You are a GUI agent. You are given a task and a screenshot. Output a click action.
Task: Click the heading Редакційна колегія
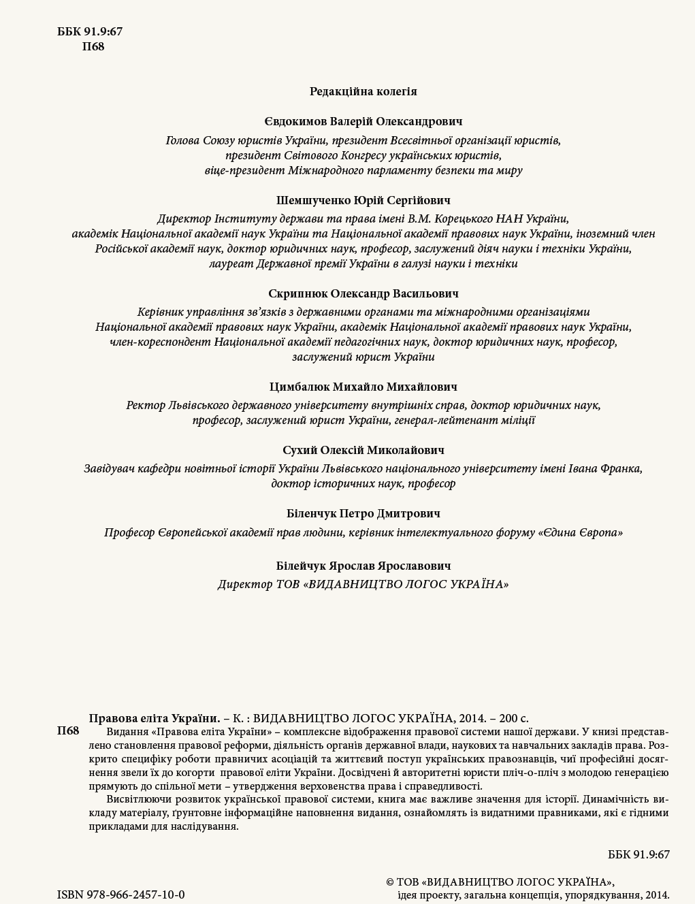363,91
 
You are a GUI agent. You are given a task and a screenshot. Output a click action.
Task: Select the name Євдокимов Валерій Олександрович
363,121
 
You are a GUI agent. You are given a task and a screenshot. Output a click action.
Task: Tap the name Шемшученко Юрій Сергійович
363,200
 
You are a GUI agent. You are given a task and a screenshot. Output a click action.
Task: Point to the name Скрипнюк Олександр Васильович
363,293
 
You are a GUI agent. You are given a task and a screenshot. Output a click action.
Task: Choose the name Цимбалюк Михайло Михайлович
363,387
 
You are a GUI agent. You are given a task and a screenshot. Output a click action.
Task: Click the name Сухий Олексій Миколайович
363,450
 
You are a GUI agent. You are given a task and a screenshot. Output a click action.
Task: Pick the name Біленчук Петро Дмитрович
363,513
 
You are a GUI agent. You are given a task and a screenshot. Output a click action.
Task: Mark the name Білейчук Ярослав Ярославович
363,566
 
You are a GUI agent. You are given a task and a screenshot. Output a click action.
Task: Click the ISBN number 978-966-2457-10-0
120,894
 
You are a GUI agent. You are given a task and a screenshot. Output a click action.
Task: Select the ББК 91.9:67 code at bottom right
639,854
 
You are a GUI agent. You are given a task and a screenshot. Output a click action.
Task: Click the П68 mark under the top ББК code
93,47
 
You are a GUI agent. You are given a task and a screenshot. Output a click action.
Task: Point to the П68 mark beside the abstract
68,731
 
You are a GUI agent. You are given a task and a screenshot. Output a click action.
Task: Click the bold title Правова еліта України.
155,717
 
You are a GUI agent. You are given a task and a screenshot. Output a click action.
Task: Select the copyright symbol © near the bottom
390,882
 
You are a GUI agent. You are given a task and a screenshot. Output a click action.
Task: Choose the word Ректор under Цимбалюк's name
145,405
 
